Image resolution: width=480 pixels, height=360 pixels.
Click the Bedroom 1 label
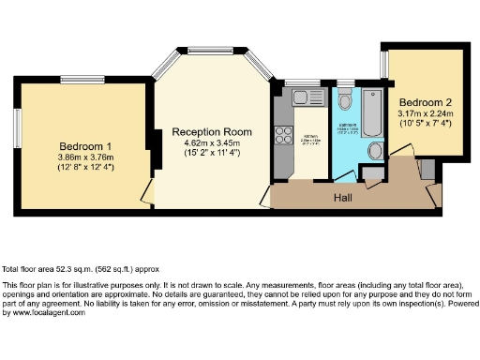85,146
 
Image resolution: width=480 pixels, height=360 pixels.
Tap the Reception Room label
209,133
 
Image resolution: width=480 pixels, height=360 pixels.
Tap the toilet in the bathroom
345,101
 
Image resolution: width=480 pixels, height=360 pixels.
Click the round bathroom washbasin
376,151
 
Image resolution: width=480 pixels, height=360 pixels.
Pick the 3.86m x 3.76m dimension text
85,157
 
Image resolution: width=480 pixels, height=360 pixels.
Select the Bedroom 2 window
383,63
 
